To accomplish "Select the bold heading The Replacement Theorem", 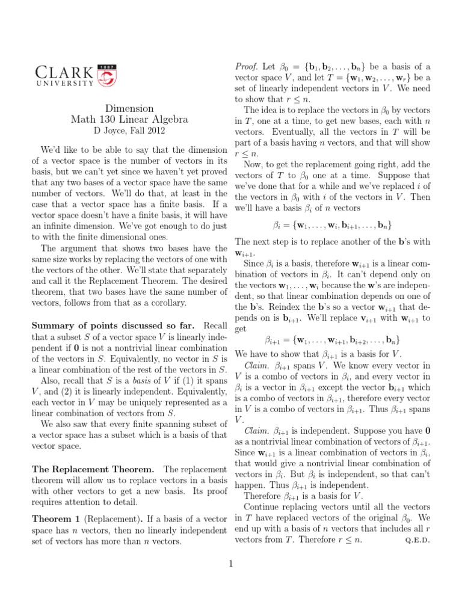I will (x=93, y=469).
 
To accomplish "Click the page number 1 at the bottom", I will (x=230, y=564).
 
